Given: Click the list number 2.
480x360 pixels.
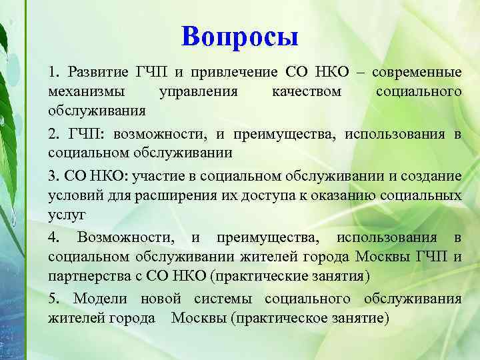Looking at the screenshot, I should point(53,134).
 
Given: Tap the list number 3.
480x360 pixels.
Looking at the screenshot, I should point(53,177).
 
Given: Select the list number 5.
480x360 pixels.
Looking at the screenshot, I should point(53,299).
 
